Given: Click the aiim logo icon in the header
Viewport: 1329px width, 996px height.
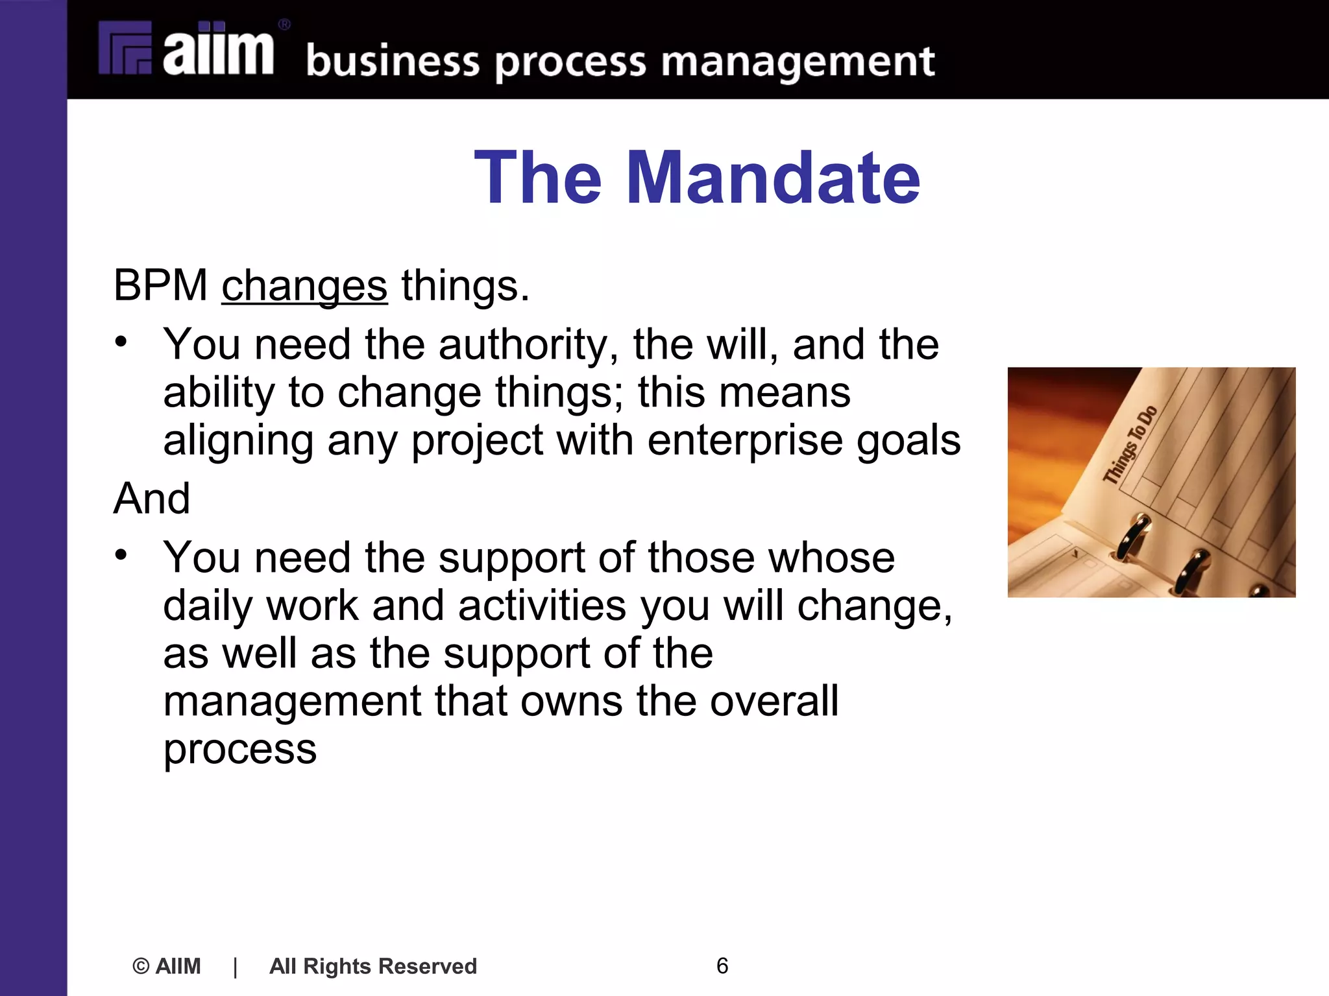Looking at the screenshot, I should click(125, 49).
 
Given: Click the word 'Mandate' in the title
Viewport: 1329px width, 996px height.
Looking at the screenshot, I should click(773, 178).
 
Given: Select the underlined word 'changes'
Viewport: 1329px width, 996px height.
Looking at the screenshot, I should click(304, 286).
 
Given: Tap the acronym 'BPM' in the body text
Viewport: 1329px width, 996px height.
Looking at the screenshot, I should click(160, 285).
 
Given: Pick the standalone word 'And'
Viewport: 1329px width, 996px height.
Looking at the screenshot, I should click(152, 499).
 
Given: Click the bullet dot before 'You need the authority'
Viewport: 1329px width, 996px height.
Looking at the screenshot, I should click(121, 342).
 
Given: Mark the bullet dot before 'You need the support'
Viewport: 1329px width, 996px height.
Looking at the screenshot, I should click(121, 555).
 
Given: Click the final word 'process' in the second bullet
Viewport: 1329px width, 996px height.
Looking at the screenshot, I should click(239, 750).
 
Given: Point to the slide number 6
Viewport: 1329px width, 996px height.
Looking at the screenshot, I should click(722, 966).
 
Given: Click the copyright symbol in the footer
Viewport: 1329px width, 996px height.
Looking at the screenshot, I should click(141, 966).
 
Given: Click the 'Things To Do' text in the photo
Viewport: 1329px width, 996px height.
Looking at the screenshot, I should click(1130, 445).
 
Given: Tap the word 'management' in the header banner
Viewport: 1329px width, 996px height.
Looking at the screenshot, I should click(798, 62).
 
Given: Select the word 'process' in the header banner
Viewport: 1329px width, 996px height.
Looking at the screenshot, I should click(571, 64).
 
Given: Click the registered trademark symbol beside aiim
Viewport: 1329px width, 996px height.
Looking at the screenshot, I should click(284, 25).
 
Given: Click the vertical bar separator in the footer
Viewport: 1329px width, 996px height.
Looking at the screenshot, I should click(235, 966).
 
